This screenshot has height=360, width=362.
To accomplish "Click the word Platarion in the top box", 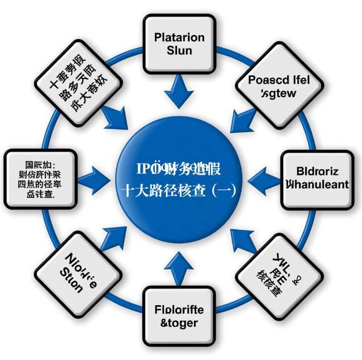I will tap(179, 37).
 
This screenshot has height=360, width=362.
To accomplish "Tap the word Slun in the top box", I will tap(179, 50).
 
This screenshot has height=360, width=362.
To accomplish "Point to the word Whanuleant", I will tap(316, 184).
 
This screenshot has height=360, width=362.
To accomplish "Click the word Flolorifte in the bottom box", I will tap(179, 310).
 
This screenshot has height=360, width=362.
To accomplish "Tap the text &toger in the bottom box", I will tap(179, 323).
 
